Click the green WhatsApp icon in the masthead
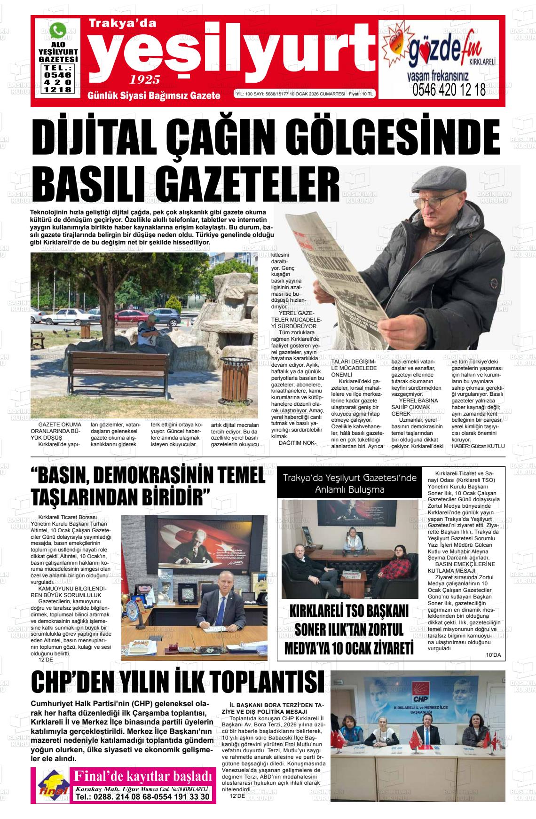click(x=58, y=31)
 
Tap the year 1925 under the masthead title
click(x=145, y=79)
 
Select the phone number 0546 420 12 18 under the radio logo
click(x=449, y=90)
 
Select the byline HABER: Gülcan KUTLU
click(x=478, y=446)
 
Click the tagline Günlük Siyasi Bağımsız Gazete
click(x=154, y=95)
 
